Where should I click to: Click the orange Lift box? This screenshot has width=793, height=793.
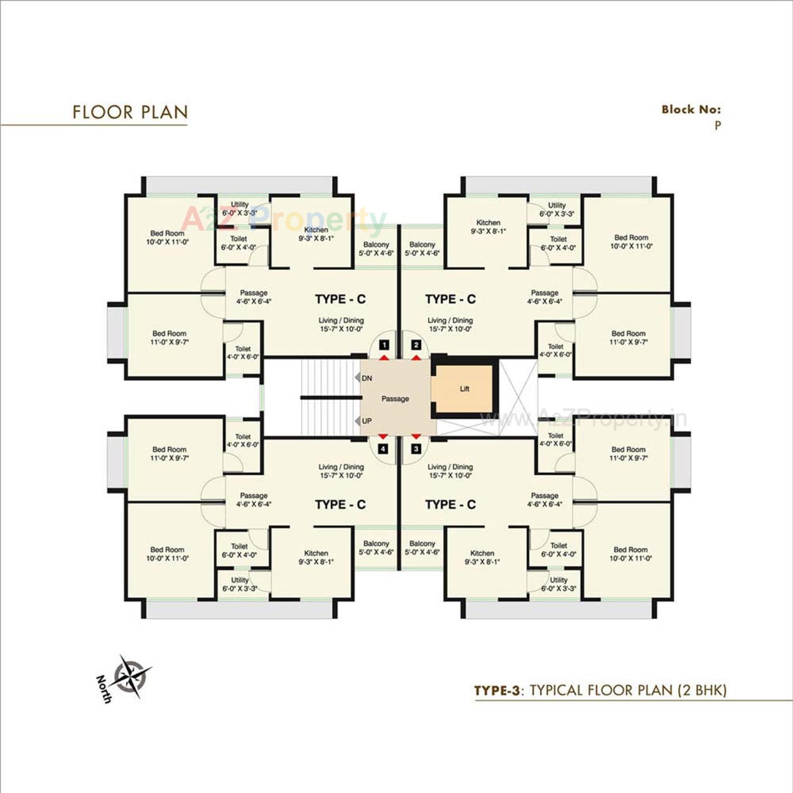tap(464, 389)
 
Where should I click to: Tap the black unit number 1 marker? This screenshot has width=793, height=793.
tap(384, 345)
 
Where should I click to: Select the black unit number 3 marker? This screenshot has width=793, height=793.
tap(416, 449)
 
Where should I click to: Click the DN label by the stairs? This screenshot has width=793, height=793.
tap(366, 378)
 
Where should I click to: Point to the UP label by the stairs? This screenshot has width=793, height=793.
tap(366, 421)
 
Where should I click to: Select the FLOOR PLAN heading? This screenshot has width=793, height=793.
tap(130, 112)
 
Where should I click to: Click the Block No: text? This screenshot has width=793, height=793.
tap(691, 109)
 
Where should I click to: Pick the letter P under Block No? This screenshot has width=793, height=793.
tap(718, 126)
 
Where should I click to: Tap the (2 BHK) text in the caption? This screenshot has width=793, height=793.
tap(702, 690)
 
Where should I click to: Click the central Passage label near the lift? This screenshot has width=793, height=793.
tap(395, 399)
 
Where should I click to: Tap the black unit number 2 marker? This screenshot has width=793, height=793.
tap(416, 345)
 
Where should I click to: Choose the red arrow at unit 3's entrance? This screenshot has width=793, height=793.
tap(416, 436)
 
